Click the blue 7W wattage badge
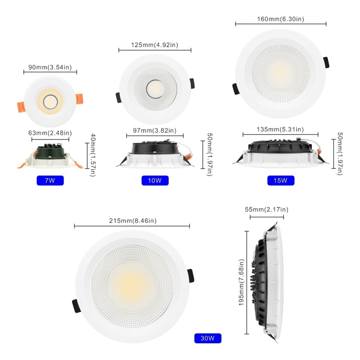50,180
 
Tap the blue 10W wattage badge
155,180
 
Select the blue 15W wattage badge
280,180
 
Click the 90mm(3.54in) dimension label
50,67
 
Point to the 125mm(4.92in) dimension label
155,45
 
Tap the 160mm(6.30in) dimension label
280,19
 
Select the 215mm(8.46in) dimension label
132,220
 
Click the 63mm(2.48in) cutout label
50,133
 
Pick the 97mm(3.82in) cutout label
155,130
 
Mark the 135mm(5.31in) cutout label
280,130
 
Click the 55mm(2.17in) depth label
266,209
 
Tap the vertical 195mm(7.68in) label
241,282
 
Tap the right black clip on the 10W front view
192,83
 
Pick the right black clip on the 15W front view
326,63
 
